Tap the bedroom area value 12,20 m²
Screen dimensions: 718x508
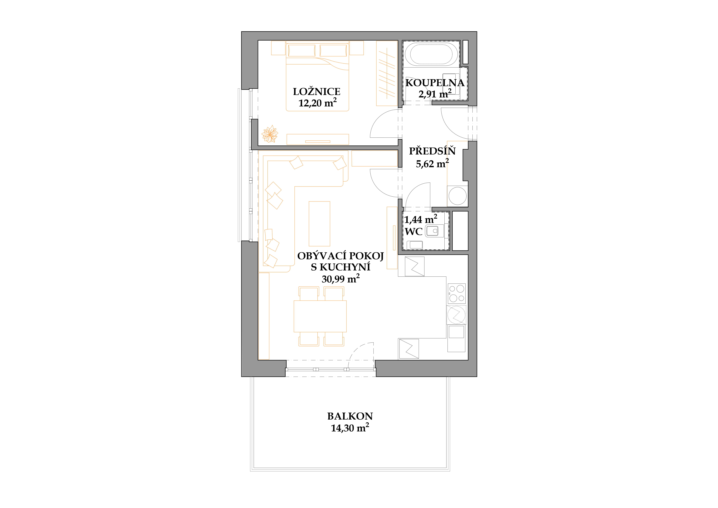tap(317, 103)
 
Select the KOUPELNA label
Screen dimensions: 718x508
tap(435, 83)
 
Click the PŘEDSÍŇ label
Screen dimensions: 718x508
tap(432, 151)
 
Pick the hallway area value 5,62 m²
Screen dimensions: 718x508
tap(432, 163)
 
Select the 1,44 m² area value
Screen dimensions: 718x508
tap(421, 219)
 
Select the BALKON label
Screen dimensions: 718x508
tap(350, 416)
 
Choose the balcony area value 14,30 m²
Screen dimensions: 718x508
tap(350, 428)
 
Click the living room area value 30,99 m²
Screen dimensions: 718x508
tap(341, 279)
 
